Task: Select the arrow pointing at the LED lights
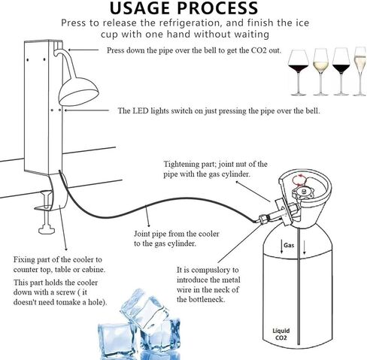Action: pos(90,110)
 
